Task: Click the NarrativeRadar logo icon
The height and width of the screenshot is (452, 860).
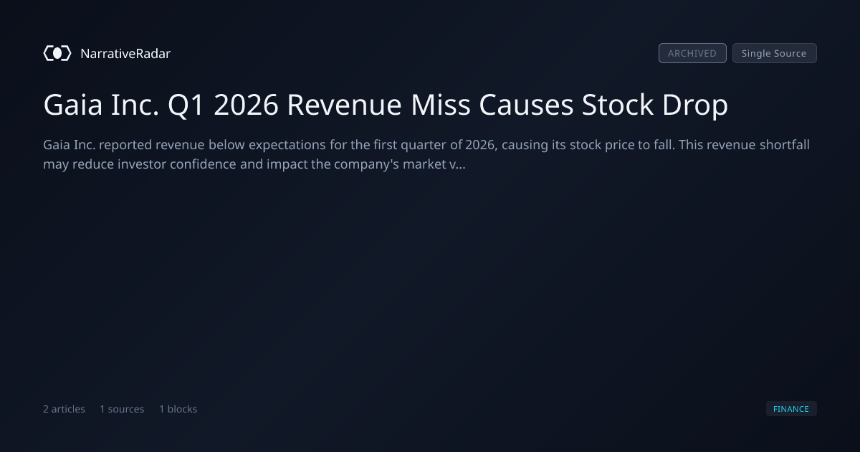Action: point(57,53)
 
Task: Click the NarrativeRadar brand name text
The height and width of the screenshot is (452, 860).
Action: point(125,54)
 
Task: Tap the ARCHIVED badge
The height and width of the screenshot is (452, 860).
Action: point(692,53)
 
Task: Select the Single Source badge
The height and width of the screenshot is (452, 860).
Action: point(775,53)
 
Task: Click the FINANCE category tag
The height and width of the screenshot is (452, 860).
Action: point(791,408)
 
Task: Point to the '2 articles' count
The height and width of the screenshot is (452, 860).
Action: point(64,409)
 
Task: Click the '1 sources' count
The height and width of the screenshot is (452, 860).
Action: point(122,409)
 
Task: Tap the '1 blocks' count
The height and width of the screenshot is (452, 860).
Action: point(178,409)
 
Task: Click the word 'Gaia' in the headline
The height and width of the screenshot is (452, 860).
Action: point(73,105)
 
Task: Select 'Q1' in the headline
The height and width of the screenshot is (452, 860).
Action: point(186,105)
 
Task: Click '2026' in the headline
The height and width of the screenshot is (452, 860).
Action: point(246,105)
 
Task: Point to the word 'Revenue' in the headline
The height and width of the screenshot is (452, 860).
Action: point(345,105)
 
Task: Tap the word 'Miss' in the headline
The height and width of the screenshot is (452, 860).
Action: point(440,105)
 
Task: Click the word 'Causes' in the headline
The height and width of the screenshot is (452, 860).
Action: point(526,105)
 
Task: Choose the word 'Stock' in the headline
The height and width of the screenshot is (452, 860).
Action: point(617,105)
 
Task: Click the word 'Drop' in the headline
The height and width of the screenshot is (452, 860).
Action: point(695,105)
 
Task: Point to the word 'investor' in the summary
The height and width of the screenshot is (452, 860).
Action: point(142,164)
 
